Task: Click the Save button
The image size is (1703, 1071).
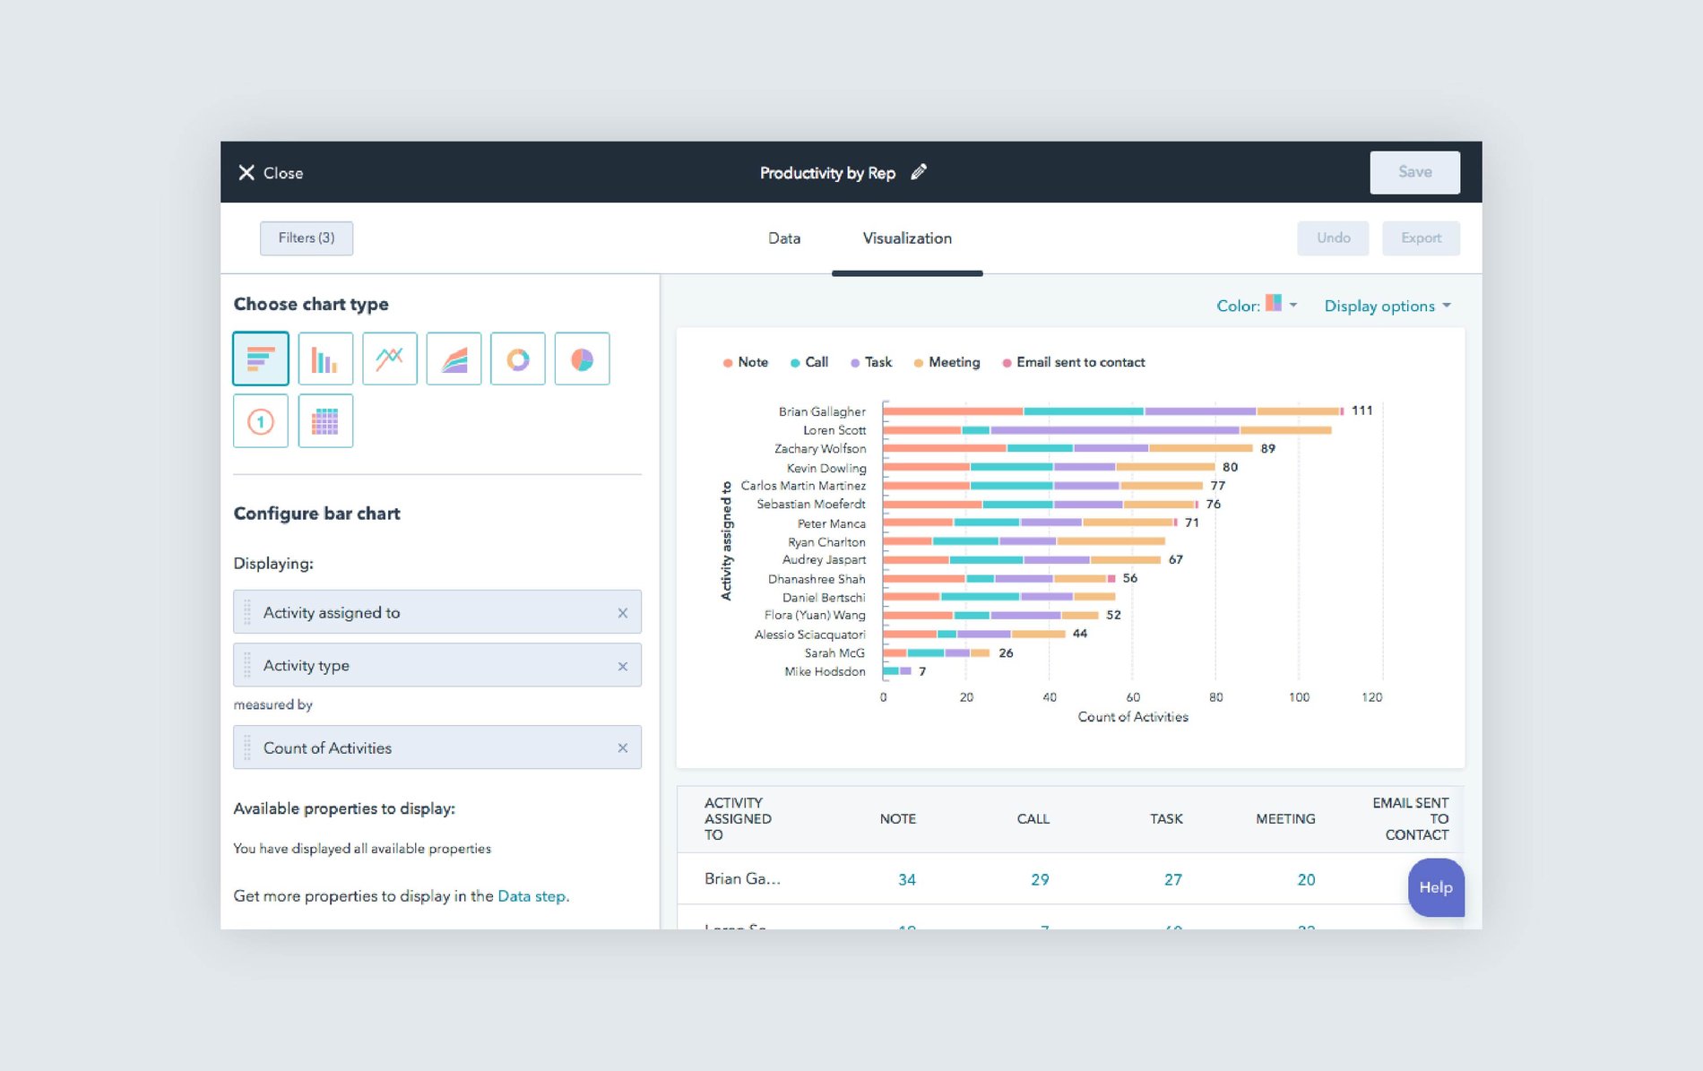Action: click(x=1413, y=172)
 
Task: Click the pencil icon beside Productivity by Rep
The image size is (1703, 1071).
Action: click(x=919, y=172)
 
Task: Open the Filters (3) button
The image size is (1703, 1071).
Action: click(x=306, y=238)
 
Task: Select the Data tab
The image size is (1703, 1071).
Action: click(x=783, y=238)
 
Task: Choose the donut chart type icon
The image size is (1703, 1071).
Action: click(x=517, y=359)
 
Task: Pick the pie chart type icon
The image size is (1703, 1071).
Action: click(x=582, y=359)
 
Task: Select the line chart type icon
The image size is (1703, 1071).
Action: click(x=389, y=359)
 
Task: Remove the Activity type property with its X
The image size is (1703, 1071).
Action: click(x=622, y=666)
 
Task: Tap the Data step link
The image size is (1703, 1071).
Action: click(x=532, y=896)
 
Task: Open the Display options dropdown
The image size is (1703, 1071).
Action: click(x=1387, y=307)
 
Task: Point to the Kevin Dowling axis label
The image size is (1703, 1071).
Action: click(x=826, y=468)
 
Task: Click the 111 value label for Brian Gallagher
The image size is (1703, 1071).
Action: click(x=1362, y=410)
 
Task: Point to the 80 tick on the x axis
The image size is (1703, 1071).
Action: click(x=1215, y=697)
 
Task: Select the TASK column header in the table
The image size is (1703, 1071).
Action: click(x=1165, y=819)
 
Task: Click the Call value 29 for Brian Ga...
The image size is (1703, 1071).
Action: click(x=1039, y=880)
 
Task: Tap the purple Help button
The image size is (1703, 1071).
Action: click(x=1435, y=887)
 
